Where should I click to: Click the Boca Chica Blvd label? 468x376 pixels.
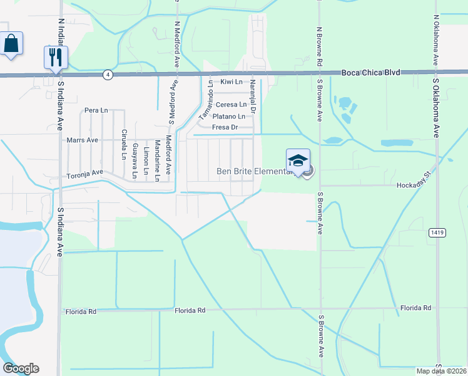[x=370, y=73]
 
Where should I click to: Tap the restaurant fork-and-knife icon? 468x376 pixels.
[x=56, y=57]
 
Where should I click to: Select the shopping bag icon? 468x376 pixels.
[x=11, y=44]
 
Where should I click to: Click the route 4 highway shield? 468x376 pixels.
[x=108, y=75]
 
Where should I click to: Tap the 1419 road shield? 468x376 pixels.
[x=437, y=232]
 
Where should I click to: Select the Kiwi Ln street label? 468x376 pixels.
[x=230, y=82]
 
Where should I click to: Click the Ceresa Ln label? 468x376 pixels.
[x=231, y=105]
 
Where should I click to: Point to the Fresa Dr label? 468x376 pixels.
[x=226, y=127]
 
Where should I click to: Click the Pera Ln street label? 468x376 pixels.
[x=96, y=110]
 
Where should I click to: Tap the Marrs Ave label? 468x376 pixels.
[x=83, y=140]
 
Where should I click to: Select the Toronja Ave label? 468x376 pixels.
[x=84, y=173]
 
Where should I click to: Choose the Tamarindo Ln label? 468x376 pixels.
[x=205, y=101]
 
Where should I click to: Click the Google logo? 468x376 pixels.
[x=21, y=368]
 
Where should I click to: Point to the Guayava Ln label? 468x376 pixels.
[x=135, y=160]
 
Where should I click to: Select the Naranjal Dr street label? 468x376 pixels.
[x=252, y=96]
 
